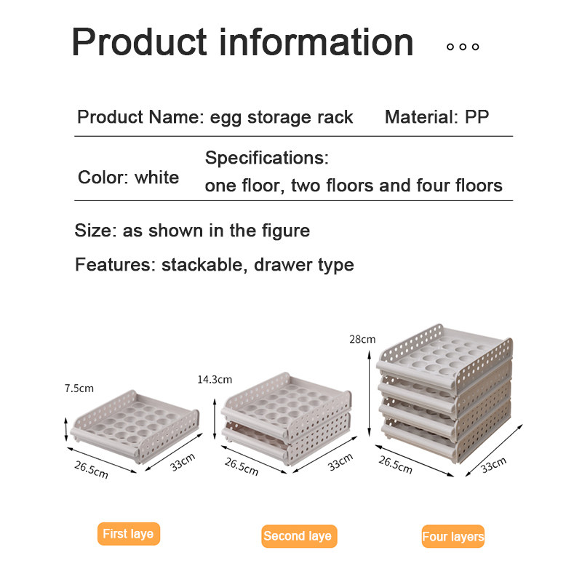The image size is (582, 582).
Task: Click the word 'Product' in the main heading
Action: (139, 42)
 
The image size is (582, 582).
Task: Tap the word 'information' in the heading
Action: (316, 42)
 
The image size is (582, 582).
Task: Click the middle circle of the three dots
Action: (463, 47)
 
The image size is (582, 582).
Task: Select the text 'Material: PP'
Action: (436, 117)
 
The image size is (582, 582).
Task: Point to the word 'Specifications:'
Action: (266, 159)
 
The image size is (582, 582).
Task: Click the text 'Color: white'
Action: (129, 178)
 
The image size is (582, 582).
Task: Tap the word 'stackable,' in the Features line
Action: (202, 265)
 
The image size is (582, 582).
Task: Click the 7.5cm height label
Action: (79, 388)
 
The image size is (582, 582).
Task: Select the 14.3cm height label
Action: (215, 379)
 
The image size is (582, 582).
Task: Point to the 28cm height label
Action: (362, 339)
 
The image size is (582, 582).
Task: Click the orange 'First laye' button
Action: (129, 534)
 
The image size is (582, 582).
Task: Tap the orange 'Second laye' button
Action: (299, 536)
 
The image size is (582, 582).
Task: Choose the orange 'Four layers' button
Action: (453, 536)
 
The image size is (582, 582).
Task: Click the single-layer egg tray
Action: (135, 426)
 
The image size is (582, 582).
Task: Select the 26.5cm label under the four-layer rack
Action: (395, 465)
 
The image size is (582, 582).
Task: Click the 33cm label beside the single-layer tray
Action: (183, 463)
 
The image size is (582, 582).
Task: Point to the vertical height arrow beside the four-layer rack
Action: (370, 394)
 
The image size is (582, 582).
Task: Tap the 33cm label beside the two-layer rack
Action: (340, 463)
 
